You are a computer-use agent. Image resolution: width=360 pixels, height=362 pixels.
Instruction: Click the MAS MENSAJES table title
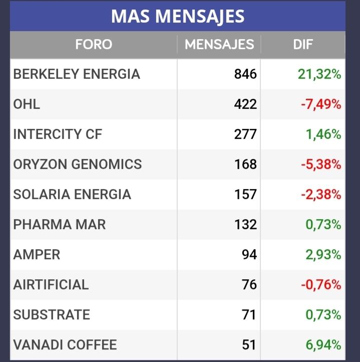(x=178, y=16)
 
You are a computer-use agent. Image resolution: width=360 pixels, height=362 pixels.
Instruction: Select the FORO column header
(x=94, y=44)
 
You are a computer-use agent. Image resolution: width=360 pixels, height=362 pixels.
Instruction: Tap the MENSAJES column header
(x=219, y=44)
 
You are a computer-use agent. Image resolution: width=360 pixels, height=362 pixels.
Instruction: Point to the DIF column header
(x=303, y=44)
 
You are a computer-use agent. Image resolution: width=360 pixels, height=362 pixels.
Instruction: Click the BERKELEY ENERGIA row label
(x=77, y=74)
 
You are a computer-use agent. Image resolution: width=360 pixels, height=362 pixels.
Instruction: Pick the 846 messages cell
(x=245, y=74)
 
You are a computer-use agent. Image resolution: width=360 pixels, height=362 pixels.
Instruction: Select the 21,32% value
(x=319, y=74)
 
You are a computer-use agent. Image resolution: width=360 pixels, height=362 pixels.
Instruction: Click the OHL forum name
(x=27, y=104)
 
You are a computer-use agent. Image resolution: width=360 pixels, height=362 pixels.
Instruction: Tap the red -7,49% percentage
(x=321, y=104)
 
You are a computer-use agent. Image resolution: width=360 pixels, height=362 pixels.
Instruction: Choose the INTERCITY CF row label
(x=58, y=134)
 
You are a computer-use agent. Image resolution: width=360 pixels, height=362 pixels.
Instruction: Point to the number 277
(x=245, y=134)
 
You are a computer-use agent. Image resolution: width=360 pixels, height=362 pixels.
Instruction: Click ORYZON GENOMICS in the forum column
(x=78, y=164)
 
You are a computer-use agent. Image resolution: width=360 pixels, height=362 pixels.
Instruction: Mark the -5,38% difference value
(x=321, y=164)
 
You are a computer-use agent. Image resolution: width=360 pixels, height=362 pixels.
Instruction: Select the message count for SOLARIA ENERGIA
(x=245, y=195)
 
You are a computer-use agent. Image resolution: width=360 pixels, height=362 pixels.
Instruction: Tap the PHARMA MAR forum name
(x=60, y=225)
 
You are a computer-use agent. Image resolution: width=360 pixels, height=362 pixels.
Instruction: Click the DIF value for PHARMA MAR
(x=323, y=225)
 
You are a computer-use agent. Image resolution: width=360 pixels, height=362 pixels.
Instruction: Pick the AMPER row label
(x=37, y=254)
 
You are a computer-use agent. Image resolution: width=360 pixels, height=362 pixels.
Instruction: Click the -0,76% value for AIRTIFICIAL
(x=321, y=285)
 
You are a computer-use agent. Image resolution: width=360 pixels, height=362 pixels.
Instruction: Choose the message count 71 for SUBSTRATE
(x=249, y=315)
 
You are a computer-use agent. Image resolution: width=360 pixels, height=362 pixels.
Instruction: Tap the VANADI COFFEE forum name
(x=65, y=344)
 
